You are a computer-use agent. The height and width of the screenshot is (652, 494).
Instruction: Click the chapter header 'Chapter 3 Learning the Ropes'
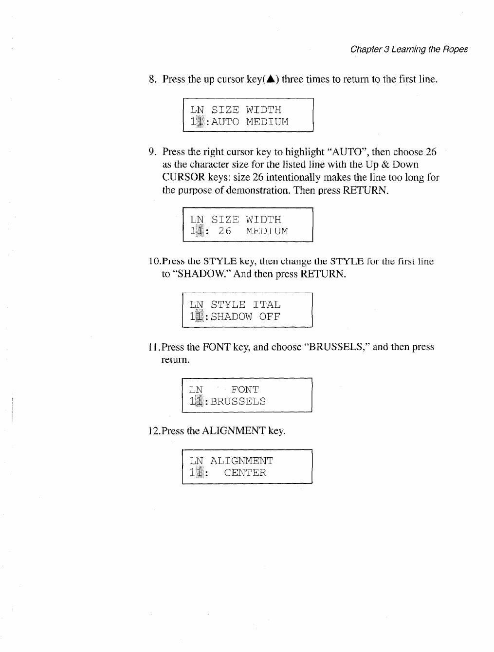[x=409, y=49]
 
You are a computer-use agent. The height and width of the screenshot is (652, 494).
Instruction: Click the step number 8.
[x=152, y=79]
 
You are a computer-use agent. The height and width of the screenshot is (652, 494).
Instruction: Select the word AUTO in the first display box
[x=225, y=122]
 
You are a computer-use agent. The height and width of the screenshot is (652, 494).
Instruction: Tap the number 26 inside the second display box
[x=224, y=231]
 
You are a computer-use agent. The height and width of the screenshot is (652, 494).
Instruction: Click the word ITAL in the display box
[x=266, y=305]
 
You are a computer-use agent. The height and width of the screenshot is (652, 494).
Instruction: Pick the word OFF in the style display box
[x=270, y=317]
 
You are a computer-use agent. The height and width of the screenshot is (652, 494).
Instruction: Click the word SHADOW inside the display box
[x=231, y=317]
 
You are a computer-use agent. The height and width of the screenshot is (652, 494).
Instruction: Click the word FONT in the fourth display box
[x=245, y=390]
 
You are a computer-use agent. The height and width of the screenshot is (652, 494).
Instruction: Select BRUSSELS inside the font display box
[x=238, y=402]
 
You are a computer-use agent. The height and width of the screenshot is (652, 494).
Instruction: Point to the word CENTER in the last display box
[x=245, y=473]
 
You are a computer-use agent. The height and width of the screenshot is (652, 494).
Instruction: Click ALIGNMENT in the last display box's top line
[x=241, y=461]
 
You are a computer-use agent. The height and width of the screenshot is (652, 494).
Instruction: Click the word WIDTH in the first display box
[x=263, y=110]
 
